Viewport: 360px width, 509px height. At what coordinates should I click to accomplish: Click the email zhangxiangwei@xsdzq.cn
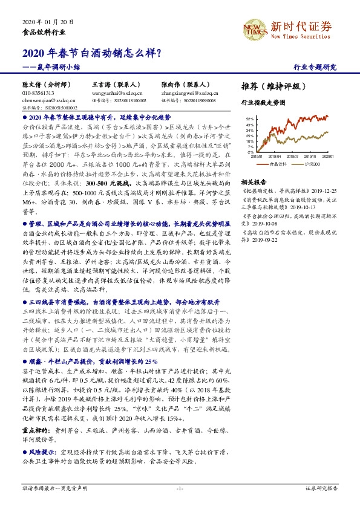188,94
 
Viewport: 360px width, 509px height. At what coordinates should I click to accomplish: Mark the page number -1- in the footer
180,487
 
